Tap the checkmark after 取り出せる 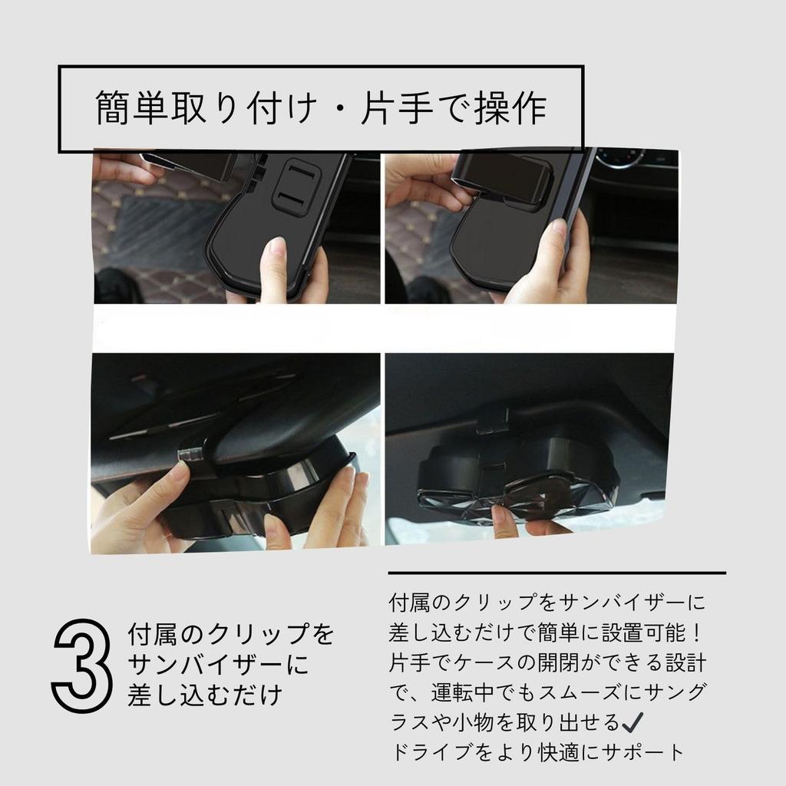click(x=632, y=722)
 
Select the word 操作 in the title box click(x=510, y=107)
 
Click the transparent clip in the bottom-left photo click(x=193, y=454)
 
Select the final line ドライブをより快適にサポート click(x=537, y=752)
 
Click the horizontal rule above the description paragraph click(x=557, y=573)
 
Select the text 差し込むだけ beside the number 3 click(x=205, y=695)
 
